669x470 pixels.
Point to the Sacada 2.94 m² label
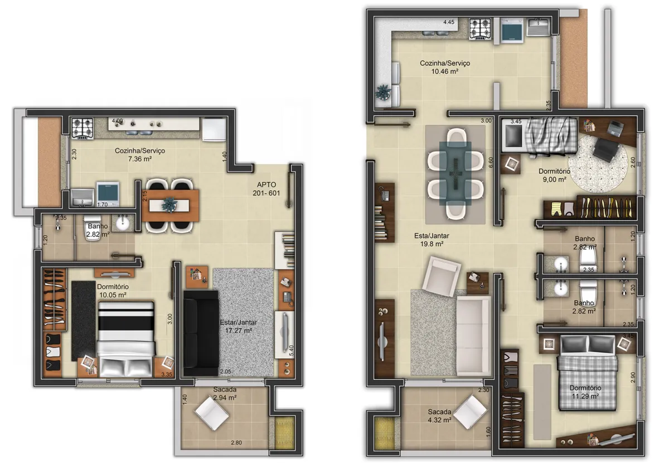(x=224, y=394)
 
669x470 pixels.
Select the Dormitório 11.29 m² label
(x=584, y=392)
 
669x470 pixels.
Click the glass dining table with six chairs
(x=455, y=174)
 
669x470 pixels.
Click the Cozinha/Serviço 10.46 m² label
(x=444, y=67)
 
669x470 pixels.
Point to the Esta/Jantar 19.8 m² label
(x=432, y=239)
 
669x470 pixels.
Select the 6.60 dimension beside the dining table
(x=491, y=163)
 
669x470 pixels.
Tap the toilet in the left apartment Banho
(x=92, y=231)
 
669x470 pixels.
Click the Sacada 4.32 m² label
(x=439, y=416)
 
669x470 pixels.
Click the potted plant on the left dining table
(x=169, y=204)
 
